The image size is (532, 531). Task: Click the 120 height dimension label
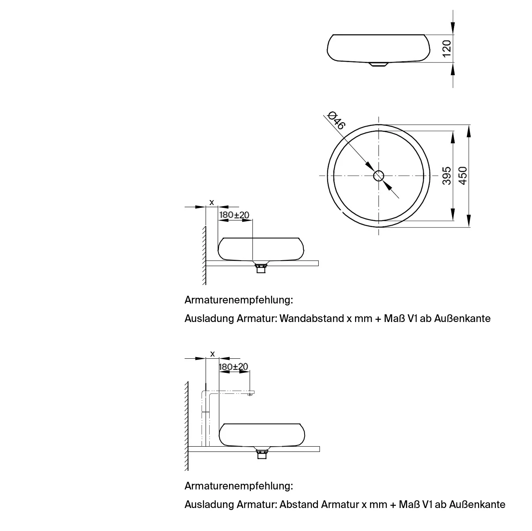[447, 48]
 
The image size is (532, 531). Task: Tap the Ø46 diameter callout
[336, 121]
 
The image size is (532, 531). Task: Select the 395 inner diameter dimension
[447, 176]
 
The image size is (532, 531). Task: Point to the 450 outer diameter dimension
[463, 176]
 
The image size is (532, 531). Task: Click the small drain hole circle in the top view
[378, 176]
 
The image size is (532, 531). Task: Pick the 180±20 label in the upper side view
[234, 215]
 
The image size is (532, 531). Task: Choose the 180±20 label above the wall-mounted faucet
[233, 367]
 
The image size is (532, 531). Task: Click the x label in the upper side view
[212, 203]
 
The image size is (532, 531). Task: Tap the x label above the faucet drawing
[212, 354]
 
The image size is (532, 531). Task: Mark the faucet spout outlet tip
[250, 395]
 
